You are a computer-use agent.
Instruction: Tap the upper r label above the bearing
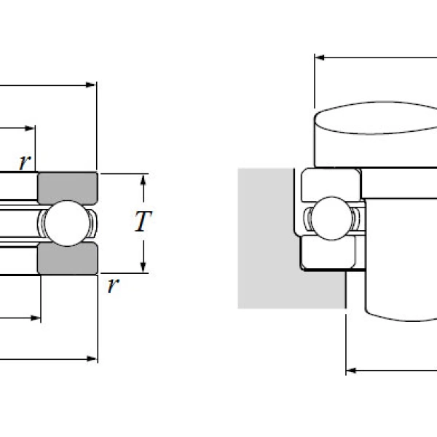pyautogui.click(x=25, y=162)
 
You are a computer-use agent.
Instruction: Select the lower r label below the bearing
pyautogui.click(x=111, y=285)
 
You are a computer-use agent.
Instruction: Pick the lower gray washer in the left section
pyautogui.click(x=67, y=259)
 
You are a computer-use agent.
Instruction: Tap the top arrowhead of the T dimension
pyautogui.click(x=143, y=179)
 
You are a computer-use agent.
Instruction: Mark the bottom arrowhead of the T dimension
pyautogui.click(x=143, y=267)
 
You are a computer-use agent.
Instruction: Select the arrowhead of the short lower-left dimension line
pyautogui.click(x=34, y=318)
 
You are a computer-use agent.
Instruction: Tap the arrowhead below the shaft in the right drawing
pyautogui.click(x=351, y=370)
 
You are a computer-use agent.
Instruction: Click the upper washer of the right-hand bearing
pyautogui.click(x=331, y=181)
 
